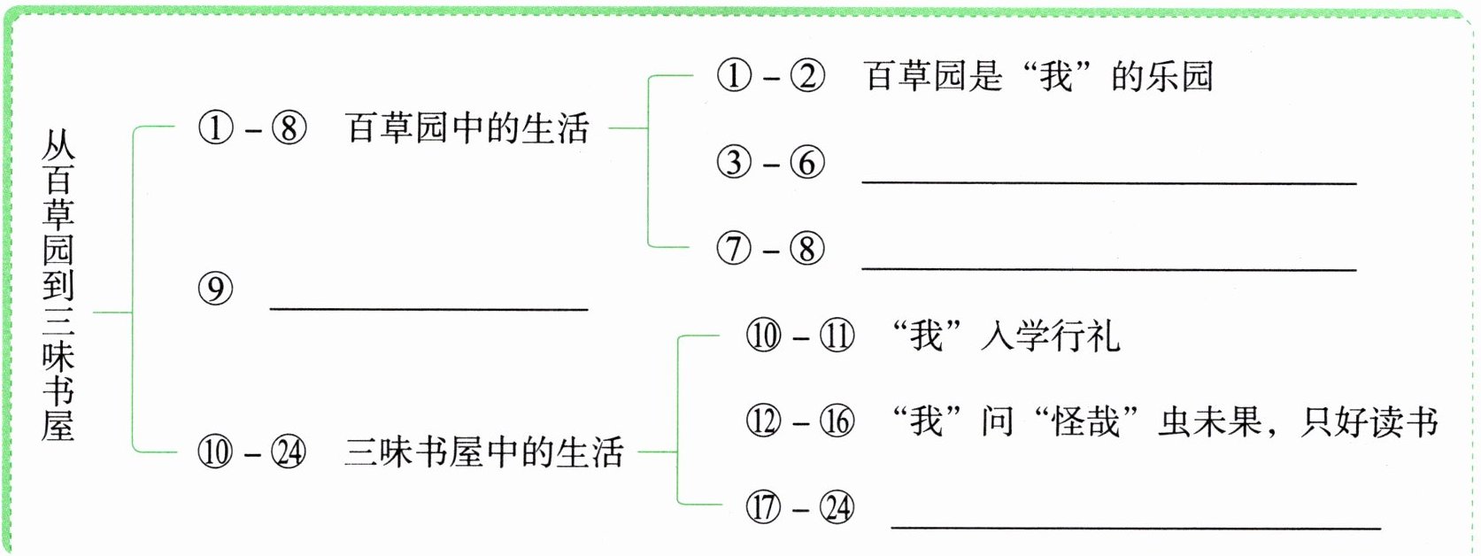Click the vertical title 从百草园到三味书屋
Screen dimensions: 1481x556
click(58, 285)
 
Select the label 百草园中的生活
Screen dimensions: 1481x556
click(467, 128)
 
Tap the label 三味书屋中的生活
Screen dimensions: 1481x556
click(484, 453)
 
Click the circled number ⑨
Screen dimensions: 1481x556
click(215, 289)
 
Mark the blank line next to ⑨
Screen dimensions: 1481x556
click(428, 309)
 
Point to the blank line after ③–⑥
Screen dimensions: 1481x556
click(1109, 181)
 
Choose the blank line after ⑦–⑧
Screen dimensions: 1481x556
click(1109, 269)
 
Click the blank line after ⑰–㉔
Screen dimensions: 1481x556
click(1136, 528)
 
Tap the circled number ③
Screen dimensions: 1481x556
click(735, 163)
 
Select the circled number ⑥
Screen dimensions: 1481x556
click(807, 163)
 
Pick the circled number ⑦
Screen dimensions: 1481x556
click(735, 250)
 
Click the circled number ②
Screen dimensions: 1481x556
click(807, 75)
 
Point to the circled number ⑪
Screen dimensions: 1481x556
click(837, 336)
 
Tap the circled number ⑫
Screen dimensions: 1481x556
click(764, 421)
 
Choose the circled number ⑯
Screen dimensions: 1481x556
click(837, 421)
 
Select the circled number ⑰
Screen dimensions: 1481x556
click(764, 507)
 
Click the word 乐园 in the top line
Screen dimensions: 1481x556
click(1180, 76)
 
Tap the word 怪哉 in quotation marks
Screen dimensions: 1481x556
click(1086, 421)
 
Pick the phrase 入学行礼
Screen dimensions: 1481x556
click(1051, 336)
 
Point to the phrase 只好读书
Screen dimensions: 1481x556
click(1369, 421)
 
